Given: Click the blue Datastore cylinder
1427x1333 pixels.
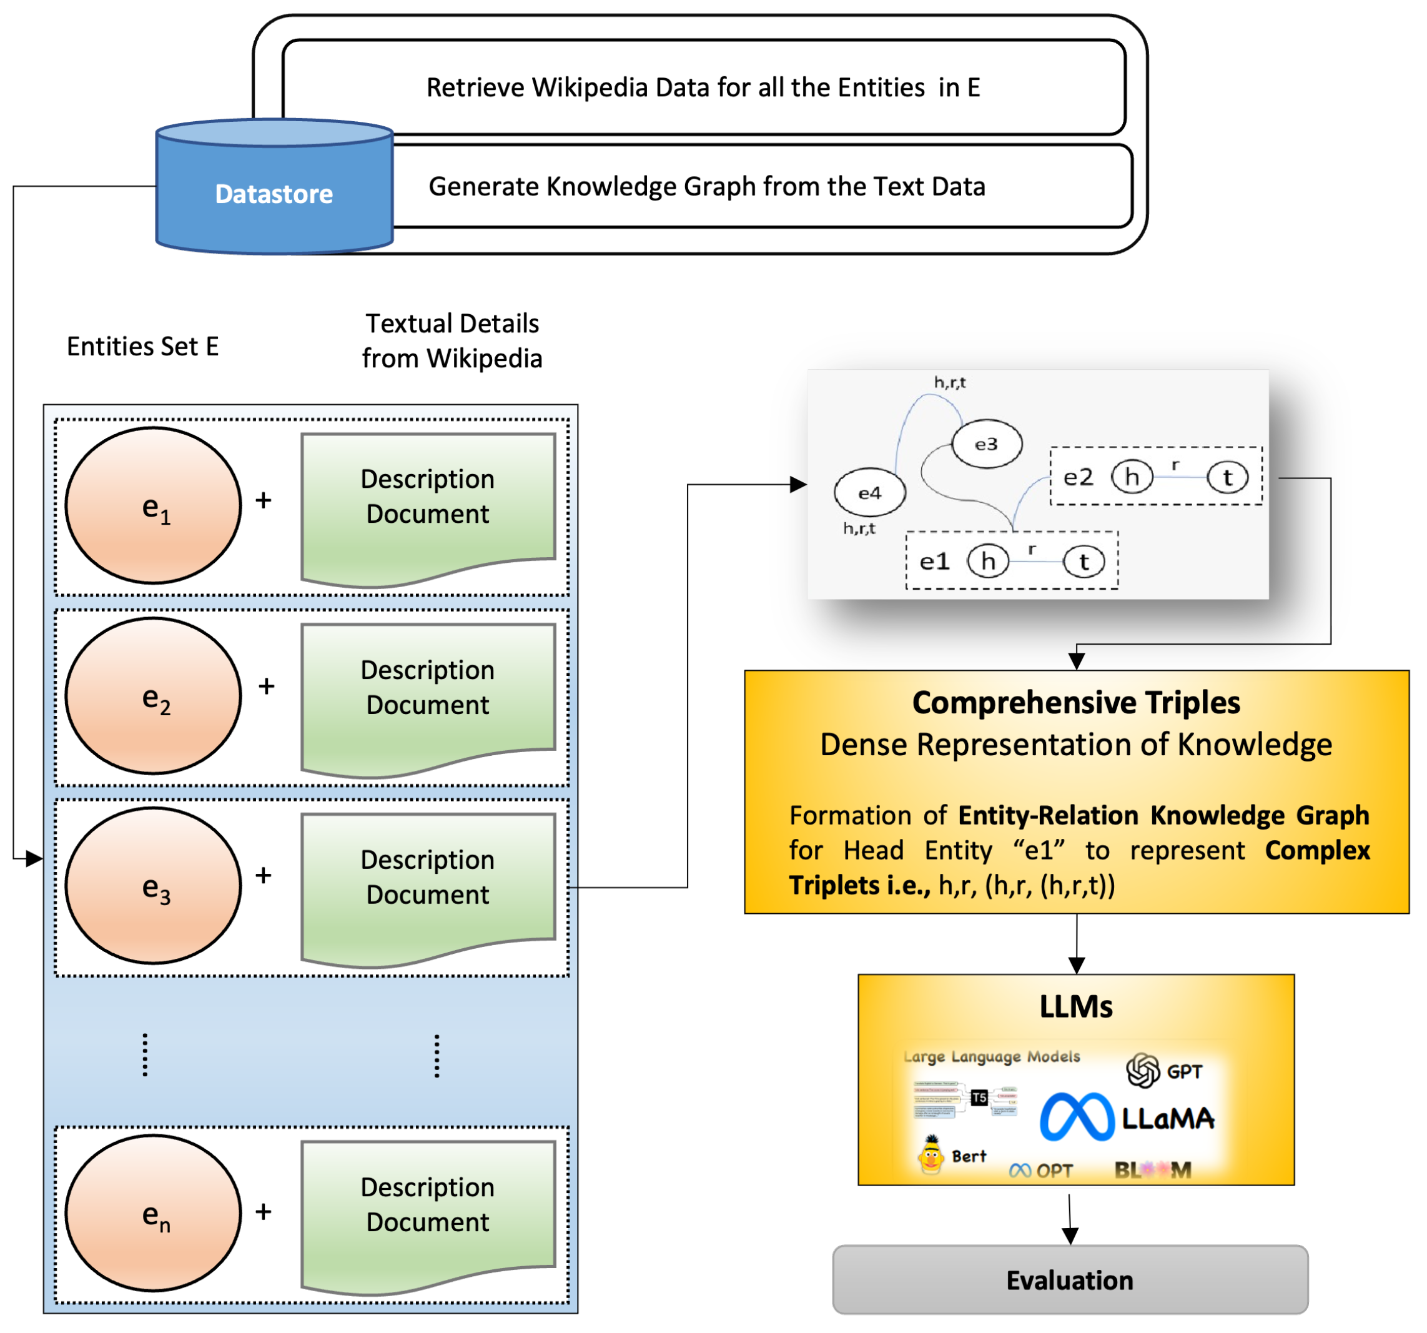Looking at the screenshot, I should tap(274, 194).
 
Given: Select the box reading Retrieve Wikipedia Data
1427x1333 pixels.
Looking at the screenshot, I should tap(703, 87).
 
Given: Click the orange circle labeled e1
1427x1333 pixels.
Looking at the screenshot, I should tap(154, 505).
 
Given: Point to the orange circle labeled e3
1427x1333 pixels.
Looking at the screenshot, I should tap(154, 885).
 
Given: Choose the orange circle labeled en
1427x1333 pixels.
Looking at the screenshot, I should tap(154, 1212).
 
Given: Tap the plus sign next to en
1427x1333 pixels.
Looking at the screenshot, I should tap(264, 1212).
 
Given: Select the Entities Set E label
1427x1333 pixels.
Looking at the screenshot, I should tap(143, 347).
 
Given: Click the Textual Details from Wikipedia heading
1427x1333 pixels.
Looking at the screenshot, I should tap(452, 341).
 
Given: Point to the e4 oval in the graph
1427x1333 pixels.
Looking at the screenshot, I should tap(869, 493).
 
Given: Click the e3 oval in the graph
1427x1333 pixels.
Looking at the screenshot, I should tap(986, 444).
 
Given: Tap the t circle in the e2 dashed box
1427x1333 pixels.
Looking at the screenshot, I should tap(1227, 477).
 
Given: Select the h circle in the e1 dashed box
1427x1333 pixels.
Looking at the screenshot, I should tap(988, 562).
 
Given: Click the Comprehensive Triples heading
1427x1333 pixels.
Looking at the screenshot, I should tap(1076, 703).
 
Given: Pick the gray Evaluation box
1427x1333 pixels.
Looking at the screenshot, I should tap(1070, 1280).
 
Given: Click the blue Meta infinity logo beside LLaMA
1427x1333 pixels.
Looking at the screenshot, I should tap(1076, 1117).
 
